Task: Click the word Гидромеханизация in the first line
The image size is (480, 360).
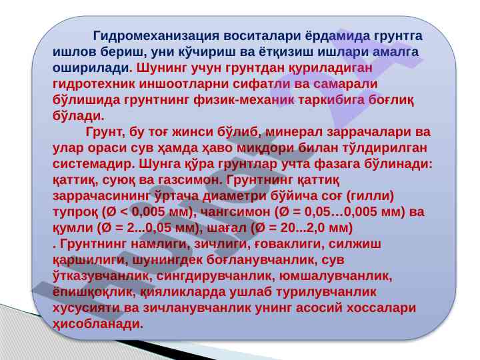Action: click(x=156, y=36)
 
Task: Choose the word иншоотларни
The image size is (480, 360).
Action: click(x=184, y=84)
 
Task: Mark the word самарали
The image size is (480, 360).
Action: click(x=345, y=84)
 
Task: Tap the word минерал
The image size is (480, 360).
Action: click(x=294, y=131)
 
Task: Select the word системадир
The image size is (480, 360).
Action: click(x=93, y=164)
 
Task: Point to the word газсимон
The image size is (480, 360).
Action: click(x=190, y=180)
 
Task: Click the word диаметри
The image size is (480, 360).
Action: click(x=237, y=195)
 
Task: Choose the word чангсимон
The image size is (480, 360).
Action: click(x=237, y=211)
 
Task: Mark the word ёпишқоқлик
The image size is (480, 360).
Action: click(x=94, y=292)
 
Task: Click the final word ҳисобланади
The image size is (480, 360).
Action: click(x=98, y=324)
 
